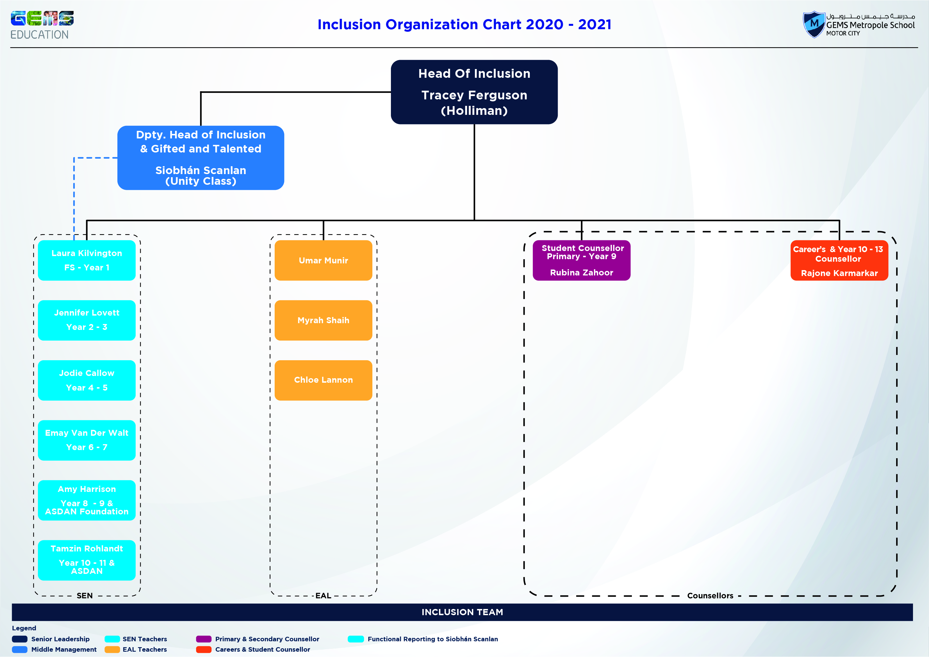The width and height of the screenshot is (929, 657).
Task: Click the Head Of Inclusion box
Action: tap(474, 92)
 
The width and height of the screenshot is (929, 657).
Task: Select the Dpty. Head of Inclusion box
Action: tap(201, 158)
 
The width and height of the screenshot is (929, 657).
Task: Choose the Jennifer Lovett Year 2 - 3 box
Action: tap(86, 320)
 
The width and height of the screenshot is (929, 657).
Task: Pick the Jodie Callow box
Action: tap(86, 380)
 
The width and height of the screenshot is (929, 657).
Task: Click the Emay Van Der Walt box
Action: tap(86, 440)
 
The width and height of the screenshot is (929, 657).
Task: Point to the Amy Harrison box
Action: tap(86, 500)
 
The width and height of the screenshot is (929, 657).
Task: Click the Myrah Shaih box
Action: tap(323, 320)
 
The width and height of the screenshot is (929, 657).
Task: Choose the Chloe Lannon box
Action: tap(323, 380)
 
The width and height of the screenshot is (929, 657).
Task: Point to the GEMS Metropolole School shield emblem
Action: tap(814, 24)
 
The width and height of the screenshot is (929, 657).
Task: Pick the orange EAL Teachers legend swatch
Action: tap(112, 649)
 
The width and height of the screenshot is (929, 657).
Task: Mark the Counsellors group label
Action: tap(710, 596)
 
